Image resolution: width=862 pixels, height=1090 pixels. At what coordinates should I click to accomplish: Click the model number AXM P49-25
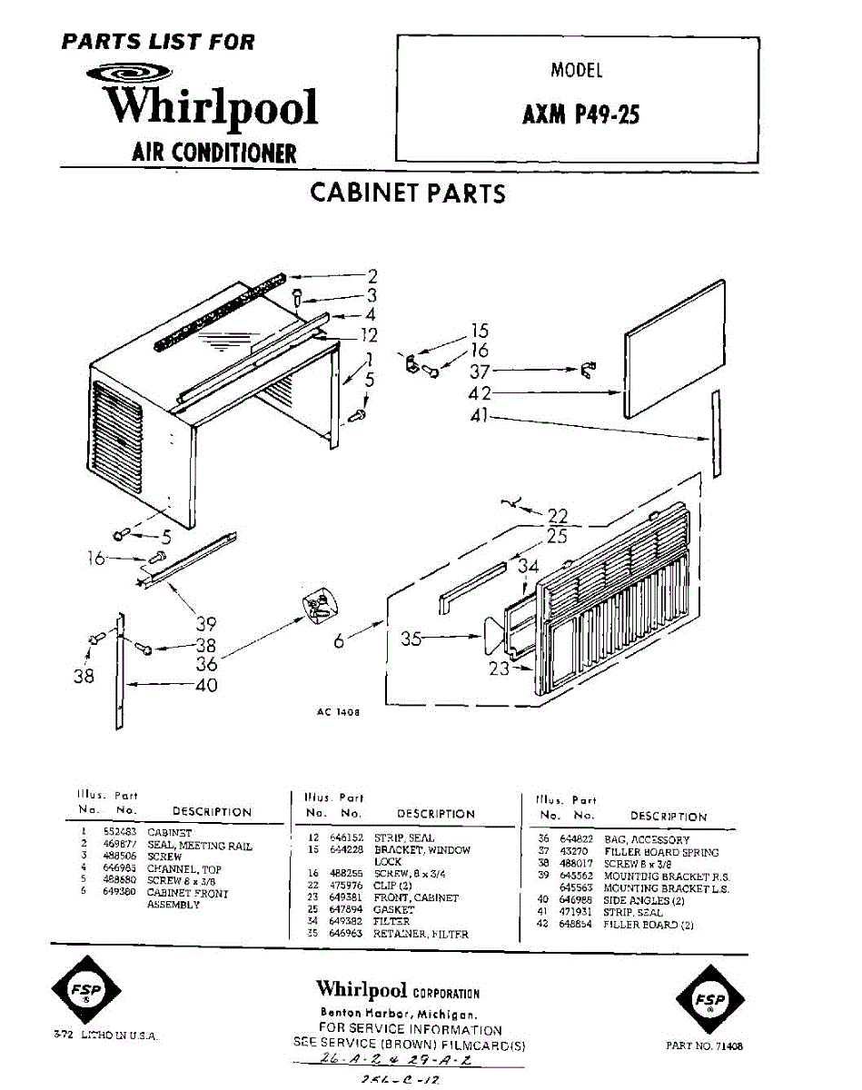[x=581, y=116]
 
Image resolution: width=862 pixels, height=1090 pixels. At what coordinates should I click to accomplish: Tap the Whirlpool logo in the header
[x=211, y=106]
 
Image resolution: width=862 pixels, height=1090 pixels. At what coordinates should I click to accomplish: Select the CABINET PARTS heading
[x=408, y=193]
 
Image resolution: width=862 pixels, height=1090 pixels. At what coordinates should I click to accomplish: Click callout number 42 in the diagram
[x=481, y=394]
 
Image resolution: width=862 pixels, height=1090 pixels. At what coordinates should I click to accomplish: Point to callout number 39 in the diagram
[x=206, y=624]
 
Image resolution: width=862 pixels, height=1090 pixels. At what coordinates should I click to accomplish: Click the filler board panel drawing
[x=676, y=348]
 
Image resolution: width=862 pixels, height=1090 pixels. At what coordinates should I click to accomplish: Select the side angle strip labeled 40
[x=119, y=672]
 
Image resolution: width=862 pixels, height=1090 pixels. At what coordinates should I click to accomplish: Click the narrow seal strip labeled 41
[x=717, y=434]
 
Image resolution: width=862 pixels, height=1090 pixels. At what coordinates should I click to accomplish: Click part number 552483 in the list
[x=119, y=832]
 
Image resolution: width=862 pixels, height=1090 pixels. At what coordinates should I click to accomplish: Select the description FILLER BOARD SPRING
[x=661, y=853]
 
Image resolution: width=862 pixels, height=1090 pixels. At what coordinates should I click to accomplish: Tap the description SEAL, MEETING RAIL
[x=200, y=846]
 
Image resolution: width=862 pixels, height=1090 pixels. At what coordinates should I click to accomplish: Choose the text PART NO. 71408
[x=704, y=1046]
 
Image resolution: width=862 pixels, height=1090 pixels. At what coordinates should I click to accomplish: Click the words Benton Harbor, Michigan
[x=399, y=1014]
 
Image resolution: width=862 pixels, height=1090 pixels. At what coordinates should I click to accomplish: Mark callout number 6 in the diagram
[x=339, y=640]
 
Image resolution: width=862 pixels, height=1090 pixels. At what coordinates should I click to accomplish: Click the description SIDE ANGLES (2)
[x=644, y=900]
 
